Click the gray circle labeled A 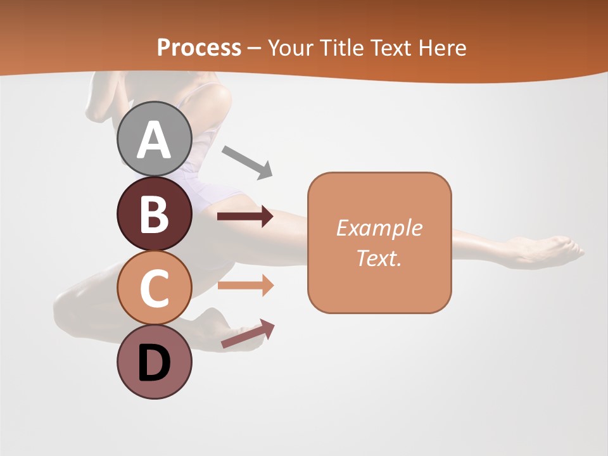tap(154, 139)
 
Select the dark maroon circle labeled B tap(154, 213)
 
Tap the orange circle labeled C tap(154, 288)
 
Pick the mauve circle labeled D tap(154, 362)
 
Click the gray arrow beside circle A tap(247, 162)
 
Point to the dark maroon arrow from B tap(245, 217)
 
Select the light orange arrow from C tap(245, 286)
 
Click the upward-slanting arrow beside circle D tap(248, 334)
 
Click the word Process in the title tap(199, 47)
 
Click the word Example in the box tap(379, 228)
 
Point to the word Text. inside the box tap(379, 258)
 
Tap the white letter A tap(154, 140)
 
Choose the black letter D tap(154, 364)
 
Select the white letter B tap(154, 214)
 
